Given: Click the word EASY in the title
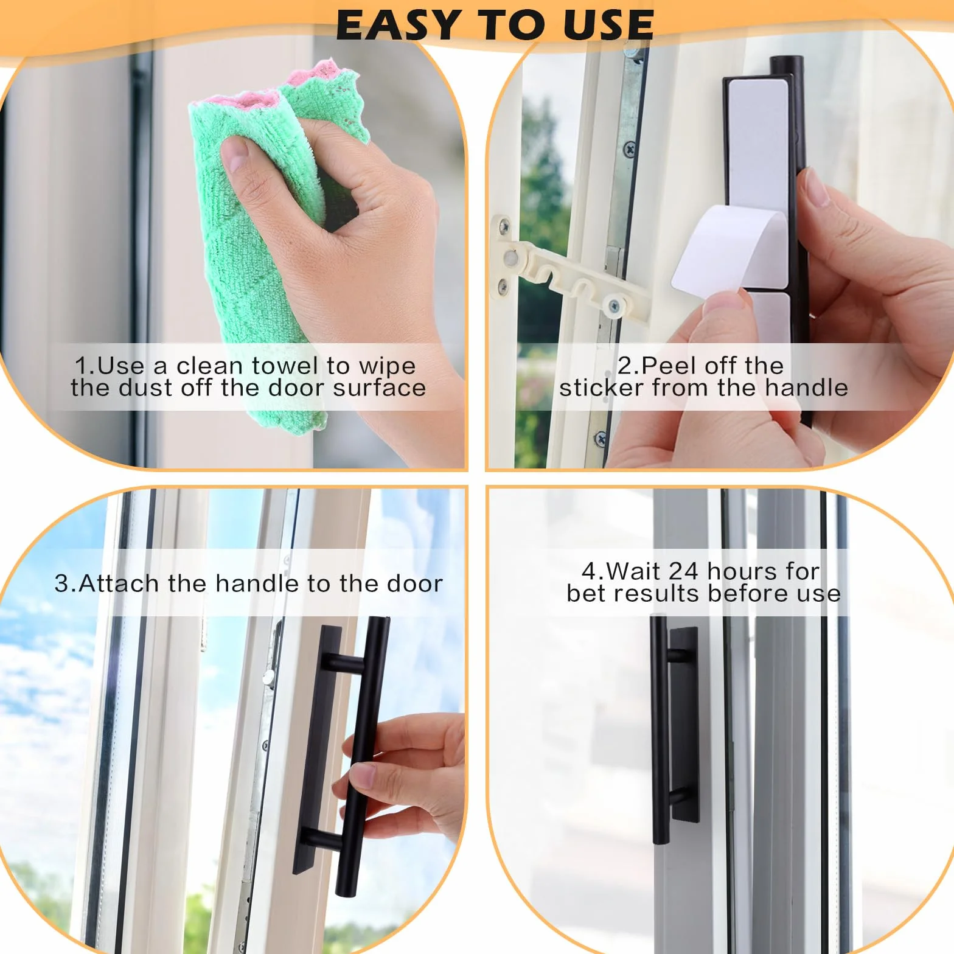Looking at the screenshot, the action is [397, 25].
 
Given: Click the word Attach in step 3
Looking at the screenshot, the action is [119, 583].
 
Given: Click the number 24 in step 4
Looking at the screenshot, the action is [683, 571].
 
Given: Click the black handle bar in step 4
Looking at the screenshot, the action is [660, 730].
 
